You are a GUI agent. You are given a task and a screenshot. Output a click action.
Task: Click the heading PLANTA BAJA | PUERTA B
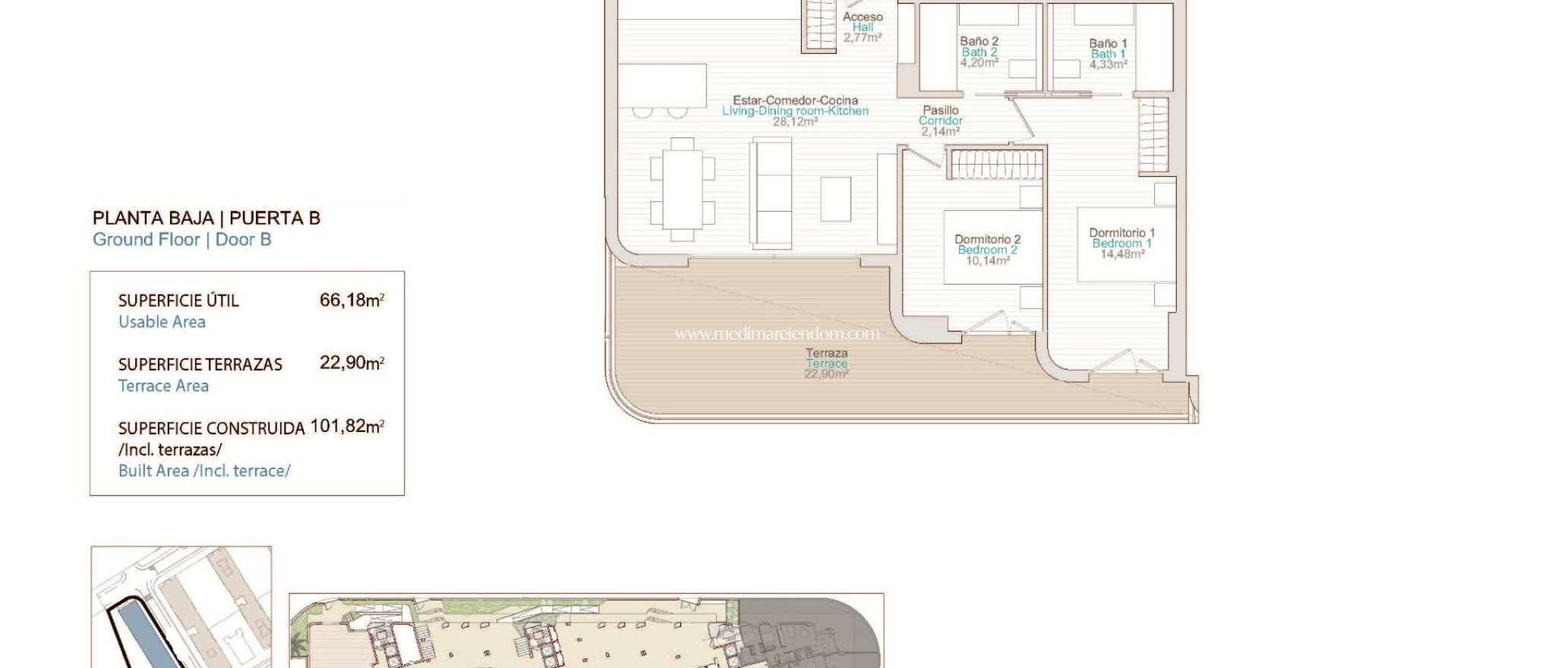coord(206,219)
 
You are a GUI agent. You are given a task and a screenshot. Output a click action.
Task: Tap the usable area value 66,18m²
coord(352,301)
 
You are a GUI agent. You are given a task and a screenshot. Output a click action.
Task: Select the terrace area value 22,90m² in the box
coord(352,363)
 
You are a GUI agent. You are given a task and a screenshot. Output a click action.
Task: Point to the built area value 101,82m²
coord(347,427)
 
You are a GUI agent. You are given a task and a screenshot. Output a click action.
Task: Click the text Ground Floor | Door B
coord(181,240)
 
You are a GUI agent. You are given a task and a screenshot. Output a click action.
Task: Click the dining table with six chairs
coord(682,190)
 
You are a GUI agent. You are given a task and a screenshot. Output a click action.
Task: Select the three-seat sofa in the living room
coord(771,194)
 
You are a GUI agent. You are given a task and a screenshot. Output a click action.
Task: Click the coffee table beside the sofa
coord(835,199)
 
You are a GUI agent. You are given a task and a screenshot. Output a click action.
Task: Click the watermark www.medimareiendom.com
coord(777,333)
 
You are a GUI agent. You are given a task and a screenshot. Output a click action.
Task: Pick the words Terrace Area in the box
coord(163,386)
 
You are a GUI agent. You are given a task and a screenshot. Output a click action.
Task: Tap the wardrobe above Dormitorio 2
coord(995,164)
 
